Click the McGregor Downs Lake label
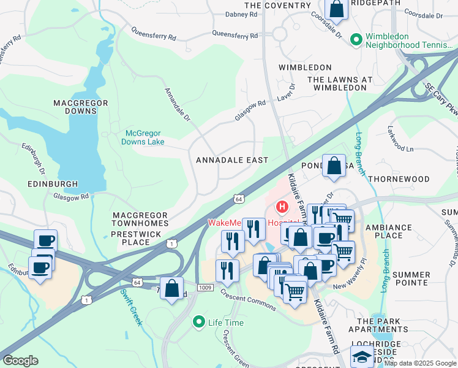[x=145, y=137]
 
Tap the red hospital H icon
[x=282, y=207]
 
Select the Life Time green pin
[x=198, y=322]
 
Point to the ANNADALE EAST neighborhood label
[x=232, y=160]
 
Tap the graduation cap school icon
[x=362, y=356]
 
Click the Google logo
[x=20, y=361]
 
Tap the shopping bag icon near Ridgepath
[x=336, y=9]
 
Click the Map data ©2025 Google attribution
[x=420, y=362]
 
